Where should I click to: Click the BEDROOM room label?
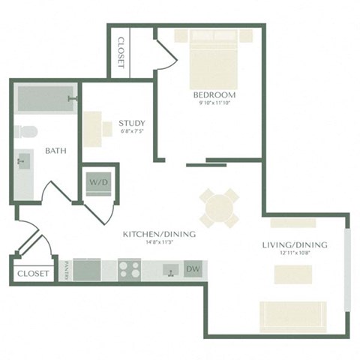coord(214,96)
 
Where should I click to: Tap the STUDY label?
coord(132,124)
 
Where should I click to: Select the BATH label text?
coord(55,151)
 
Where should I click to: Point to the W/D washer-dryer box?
coord(98,182)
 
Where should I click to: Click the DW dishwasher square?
coord(193,268)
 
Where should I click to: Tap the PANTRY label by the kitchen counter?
coord(67,269)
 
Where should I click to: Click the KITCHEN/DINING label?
coord(159,234)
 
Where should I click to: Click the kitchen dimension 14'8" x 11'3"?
coord(159,242)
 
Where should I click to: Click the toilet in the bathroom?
coord(25,133)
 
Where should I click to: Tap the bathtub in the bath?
coord(45,98)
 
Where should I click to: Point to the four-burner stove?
coord(129,268)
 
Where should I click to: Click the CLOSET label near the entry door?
coord(32,274)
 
